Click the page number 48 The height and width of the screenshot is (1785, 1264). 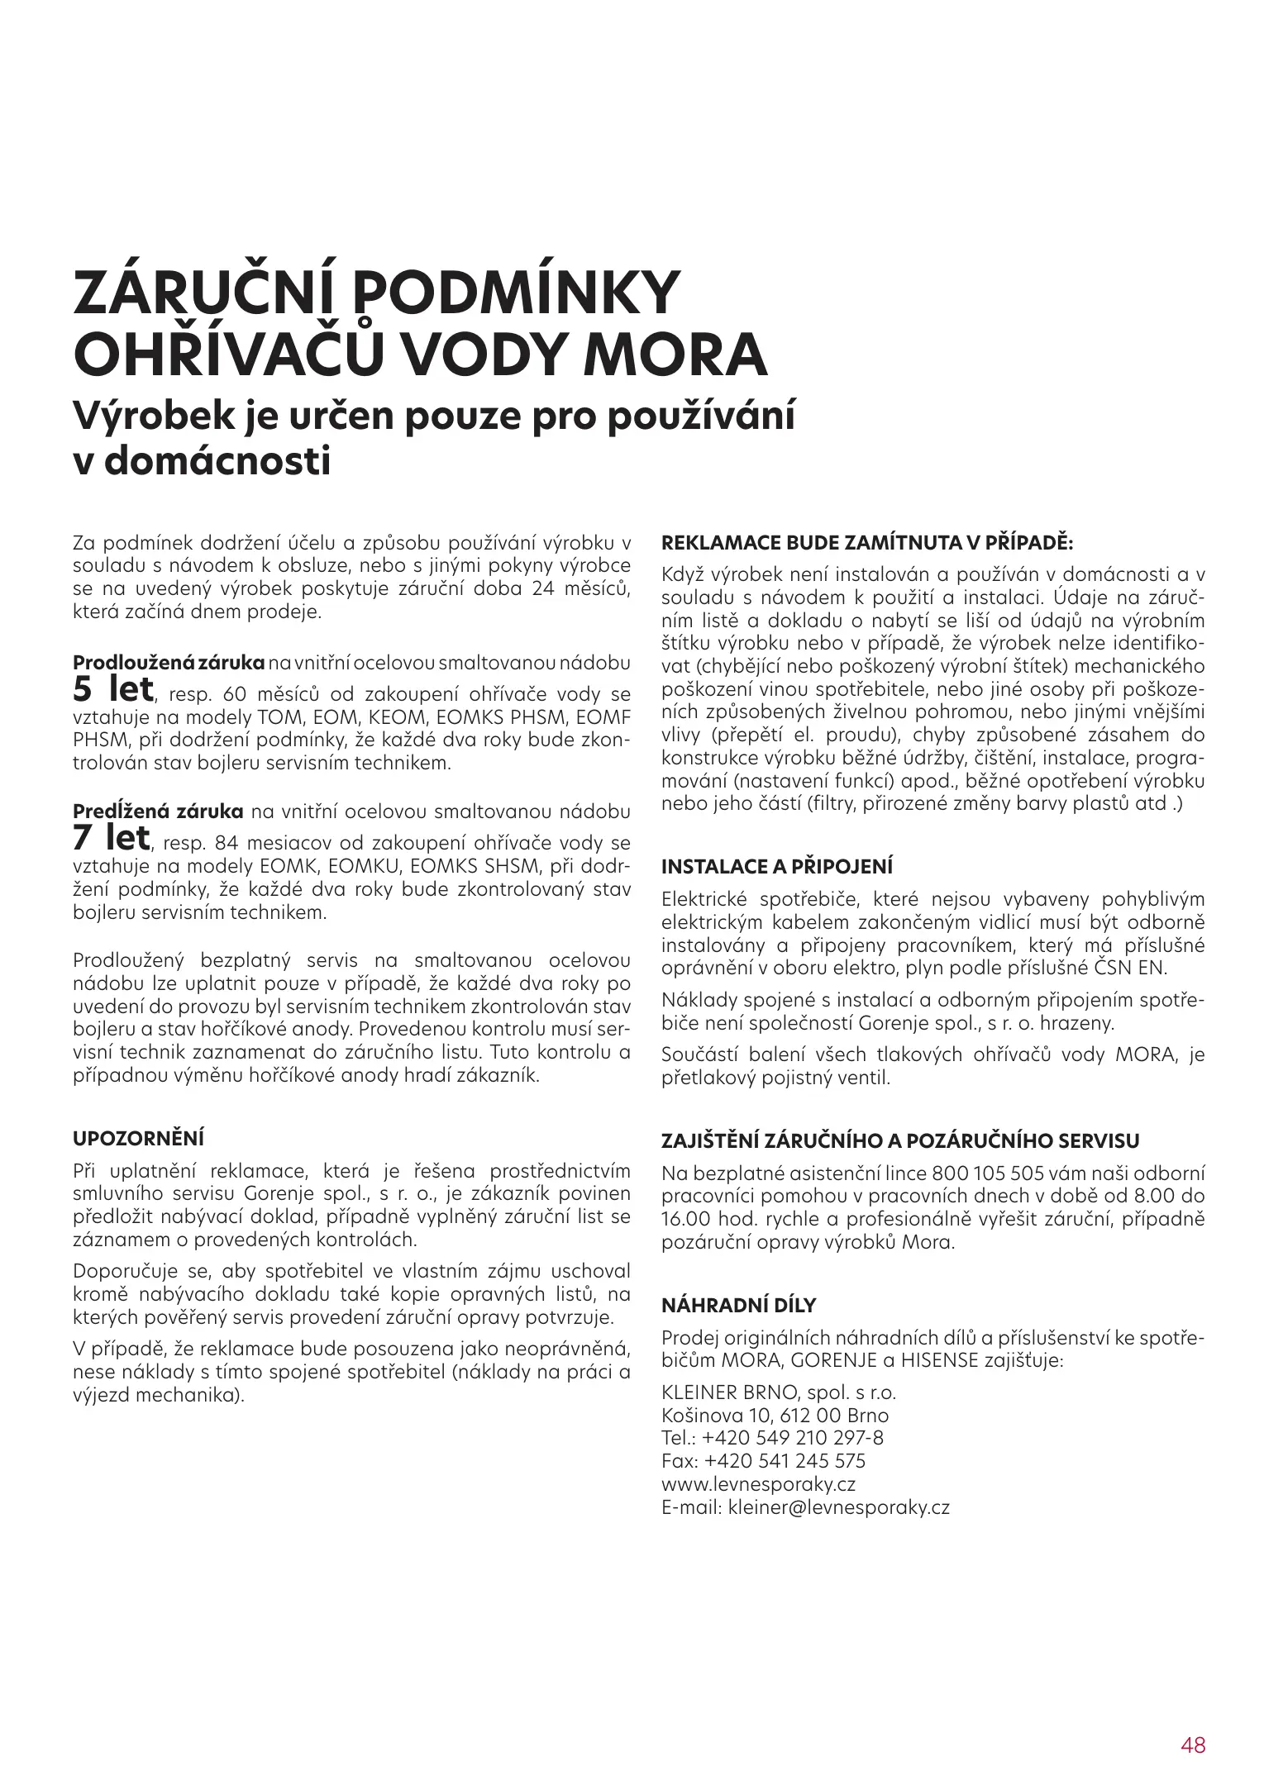tap(1193, 1721)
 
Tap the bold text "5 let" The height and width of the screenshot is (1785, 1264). tap(112, 689)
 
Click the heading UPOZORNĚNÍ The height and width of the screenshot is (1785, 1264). tap(139, 1138)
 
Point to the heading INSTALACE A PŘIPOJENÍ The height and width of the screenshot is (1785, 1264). tap(777, 867)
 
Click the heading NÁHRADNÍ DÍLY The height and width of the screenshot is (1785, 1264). tap(739, 1306)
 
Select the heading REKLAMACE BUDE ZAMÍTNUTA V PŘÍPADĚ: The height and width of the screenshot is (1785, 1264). tap(867, 544)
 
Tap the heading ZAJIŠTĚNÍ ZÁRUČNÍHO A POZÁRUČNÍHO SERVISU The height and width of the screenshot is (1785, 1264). tap(900, 1141)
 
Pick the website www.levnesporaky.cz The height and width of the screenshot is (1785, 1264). tap(759, 1483)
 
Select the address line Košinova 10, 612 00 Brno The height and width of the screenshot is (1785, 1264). tap(775, 1415)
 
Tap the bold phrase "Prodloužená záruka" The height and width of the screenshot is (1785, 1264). tap(169, 663)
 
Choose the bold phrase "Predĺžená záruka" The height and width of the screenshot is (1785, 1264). tap(158, 812)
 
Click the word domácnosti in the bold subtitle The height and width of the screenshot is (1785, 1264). tap(218, 460)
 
